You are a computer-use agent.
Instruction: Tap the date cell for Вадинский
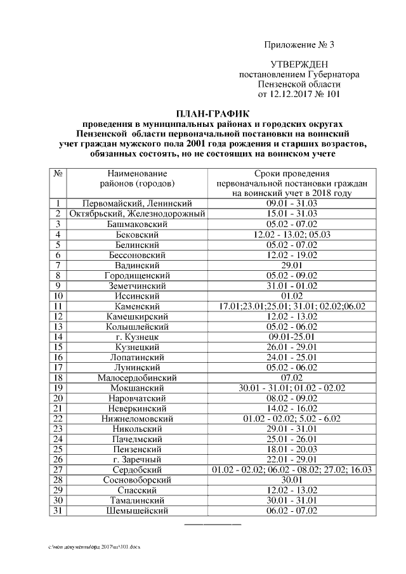[292, 265]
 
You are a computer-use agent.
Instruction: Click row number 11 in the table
[58, 306]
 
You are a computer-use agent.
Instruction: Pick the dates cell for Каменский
[292, 306]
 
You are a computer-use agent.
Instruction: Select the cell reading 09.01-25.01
[292, 337]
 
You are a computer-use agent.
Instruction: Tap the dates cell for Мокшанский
[292, 388]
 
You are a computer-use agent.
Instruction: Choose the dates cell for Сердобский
[292, 470]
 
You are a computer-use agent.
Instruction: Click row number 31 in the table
[58, 511]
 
